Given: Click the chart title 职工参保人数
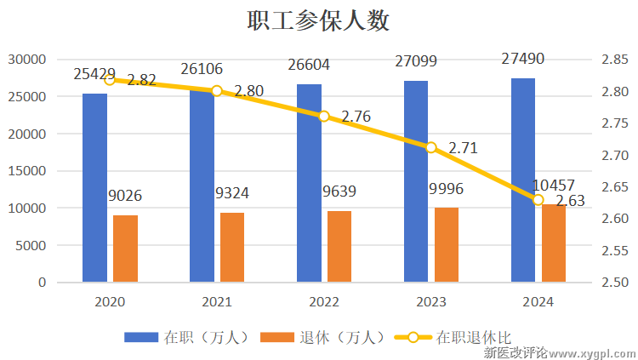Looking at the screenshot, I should click(319, 20).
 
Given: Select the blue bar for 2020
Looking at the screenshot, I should click(94, 187).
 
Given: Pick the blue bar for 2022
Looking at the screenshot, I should click(309, 183).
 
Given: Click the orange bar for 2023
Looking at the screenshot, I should click(447, 244).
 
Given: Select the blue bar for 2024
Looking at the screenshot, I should click(523, 180).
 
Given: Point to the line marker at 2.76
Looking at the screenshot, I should click(324, 116).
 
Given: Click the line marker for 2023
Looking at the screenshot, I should click(431, 147).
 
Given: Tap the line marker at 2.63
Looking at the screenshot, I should click(538, 200).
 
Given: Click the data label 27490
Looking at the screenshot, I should click(523, 59).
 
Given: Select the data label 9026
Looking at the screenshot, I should click(125, 196).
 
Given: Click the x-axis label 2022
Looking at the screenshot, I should click(324, 302).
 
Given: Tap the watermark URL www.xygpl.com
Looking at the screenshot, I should click(592, 351).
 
